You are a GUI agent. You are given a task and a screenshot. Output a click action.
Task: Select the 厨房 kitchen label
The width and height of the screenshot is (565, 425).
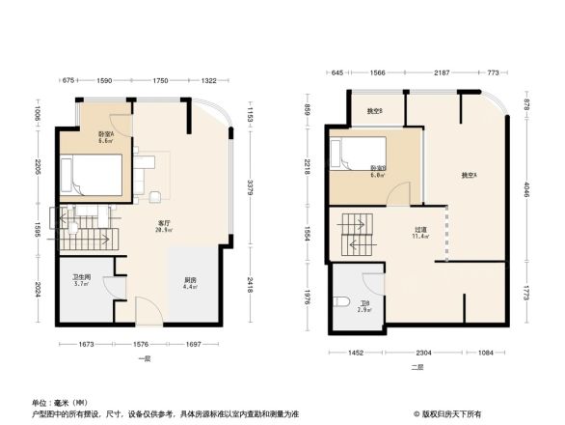[x=191, y=282]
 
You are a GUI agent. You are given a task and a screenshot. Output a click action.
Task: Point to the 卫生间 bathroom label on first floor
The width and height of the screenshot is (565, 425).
[x=81, y=280]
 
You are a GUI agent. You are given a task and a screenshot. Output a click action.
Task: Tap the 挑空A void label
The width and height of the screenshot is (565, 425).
[x=470, y=176]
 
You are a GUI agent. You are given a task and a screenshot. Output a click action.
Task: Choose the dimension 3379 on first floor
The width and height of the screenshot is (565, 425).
[x=249, y=185]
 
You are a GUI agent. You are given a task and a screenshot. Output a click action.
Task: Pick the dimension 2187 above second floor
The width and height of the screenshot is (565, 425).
[x=441, y=73]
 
